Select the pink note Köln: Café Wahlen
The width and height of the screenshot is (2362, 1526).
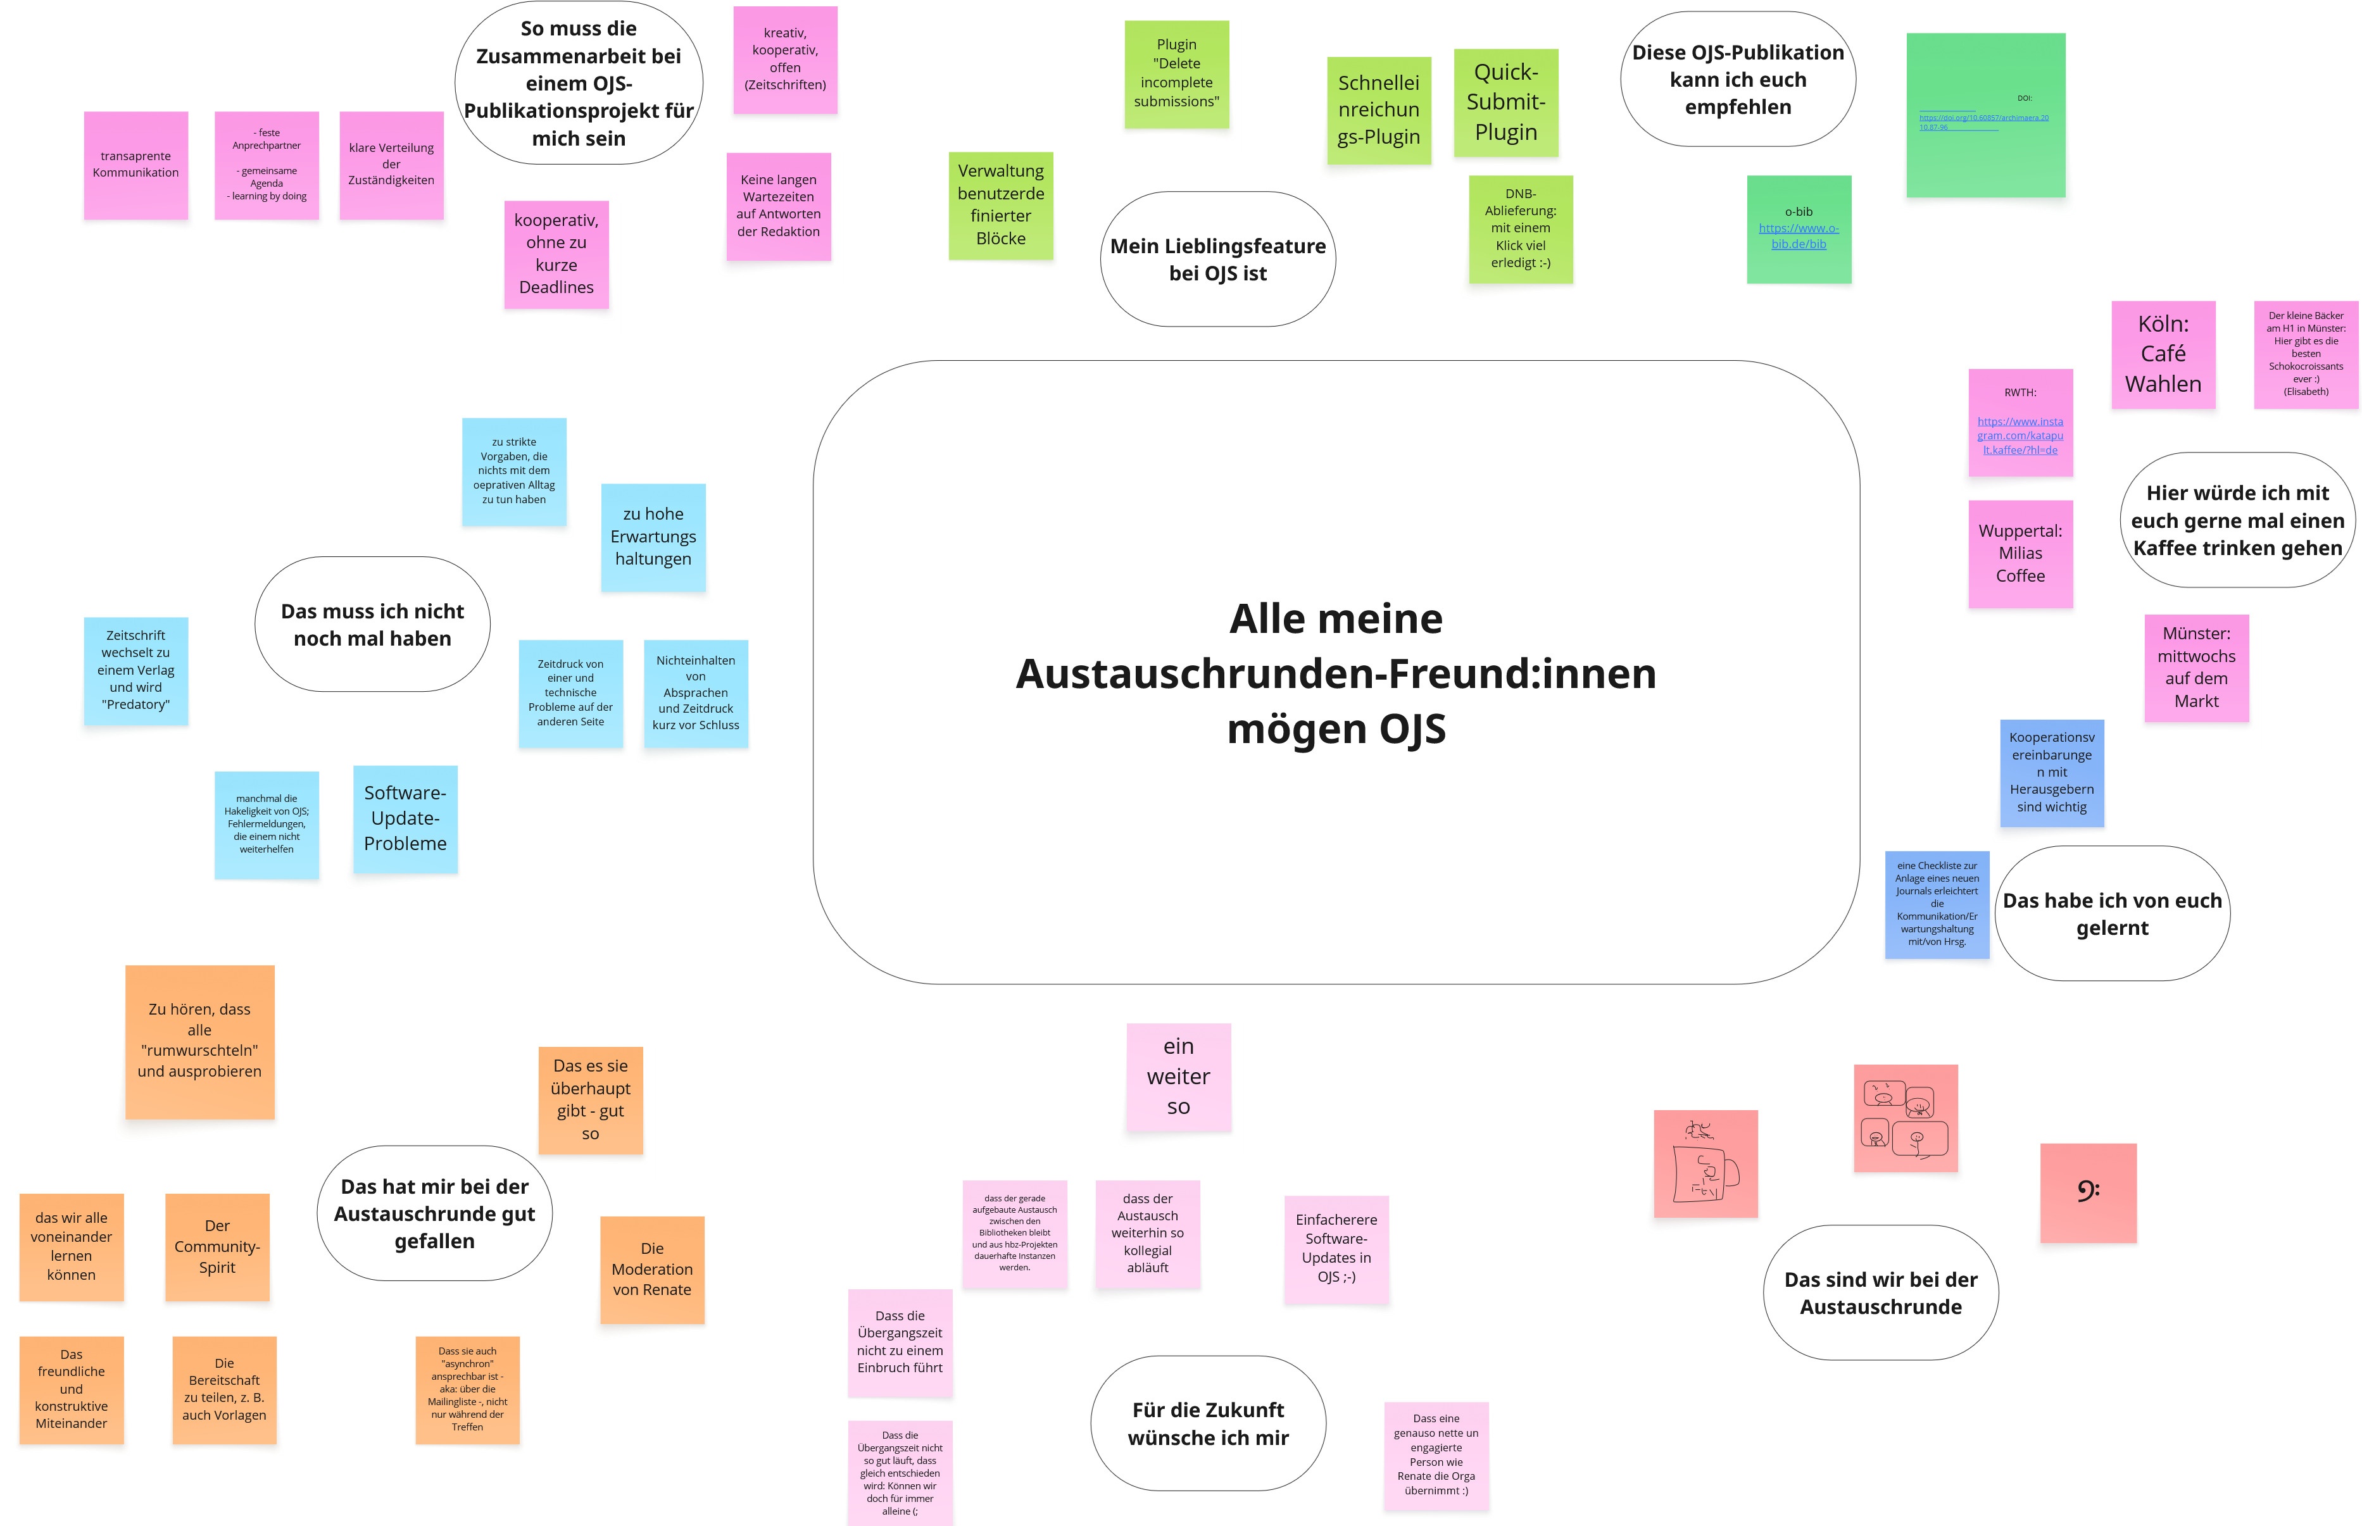(x=2163, y=354)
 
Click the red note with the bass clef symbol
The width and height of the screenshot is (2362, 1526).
(x=2087, y=1192)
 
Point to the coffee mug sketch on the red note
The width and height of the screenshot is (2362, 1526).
(x=1705, y=1165)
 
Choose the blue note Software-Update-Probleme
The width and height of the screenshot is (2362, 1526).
(x=405, y=818)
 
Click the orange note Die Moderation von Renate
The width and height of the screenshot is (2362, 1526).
(x=651, y=1270)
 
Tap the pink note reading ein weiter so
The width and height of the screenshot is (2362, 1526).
(x=1178, y=1077)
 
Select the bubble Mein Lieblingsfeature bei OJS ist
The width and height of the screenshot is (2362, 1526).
(x=1217, y=260)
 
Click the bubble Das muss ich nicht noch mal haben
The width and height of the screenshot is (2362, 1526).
(x=372, y=624)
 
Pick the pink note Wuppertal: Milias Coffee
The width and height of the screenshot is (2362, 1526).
(x=2020, y=554)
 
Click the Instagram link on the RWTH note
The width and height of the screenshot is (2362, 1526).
(x=2020, y=436)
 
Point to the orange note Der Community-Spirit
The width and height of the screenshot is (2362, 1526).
(x=217, y=1247)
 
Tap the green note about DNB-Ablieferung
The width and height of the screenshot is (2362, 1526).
(x=1521, y=229)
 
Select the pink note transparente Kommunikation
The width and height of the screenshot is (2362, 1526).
(x=135, y=165)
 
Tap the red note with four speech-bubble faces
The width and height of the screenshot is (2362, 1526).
(x=1905, y=1118)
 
